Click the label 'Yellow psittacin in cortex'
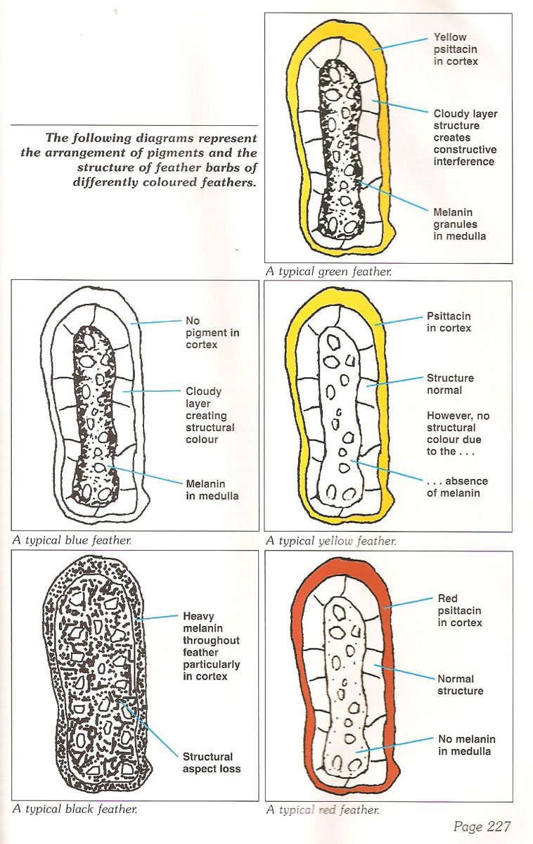[456, 49]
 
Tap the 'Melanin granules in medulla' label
[460, 224]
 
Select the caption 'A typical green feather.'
[328, 271]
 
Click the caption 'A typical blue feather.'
[72, 540]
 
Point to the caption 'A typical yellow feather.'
[331, 541]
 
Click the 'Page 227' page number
[482, 826]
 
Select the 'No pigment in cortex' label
[212, 333]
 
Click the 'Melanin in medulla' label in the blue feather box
[212, 490]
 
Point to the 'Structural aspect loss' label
[212, 762]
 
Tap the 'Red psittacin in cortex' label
[460, 610]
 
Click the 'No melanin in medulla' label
[466, 745]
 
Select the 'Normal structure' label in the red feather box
[460, 684]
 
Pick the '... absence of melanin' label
[457, 487]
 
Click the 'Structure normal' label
[450, 384]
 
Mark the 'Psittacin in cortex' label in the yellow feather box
[449, 322]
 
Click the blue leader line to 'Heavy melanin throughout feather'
[156, 618]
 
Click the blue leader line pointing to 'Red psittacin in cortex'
[408, 603]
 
